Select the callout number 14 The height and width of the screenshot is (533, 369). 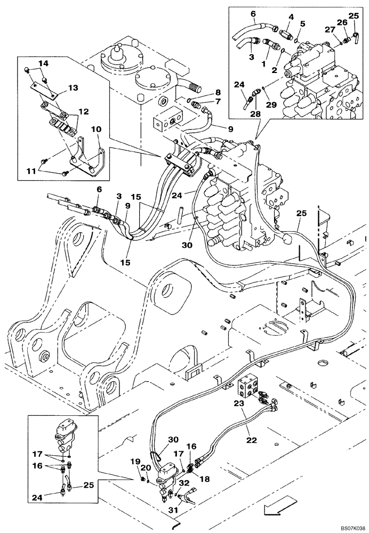pos(44,63)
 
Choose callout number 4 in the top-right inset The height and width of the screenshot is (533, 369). pos(291,18)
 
